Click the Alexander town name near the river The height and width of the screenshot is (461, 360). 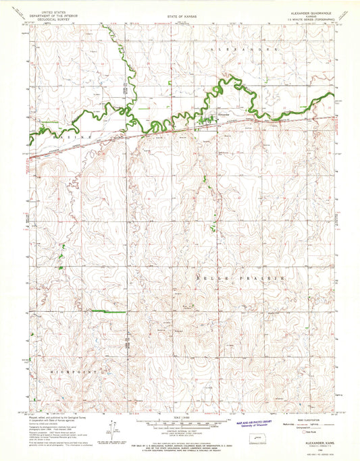click(x=224, y=113)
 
